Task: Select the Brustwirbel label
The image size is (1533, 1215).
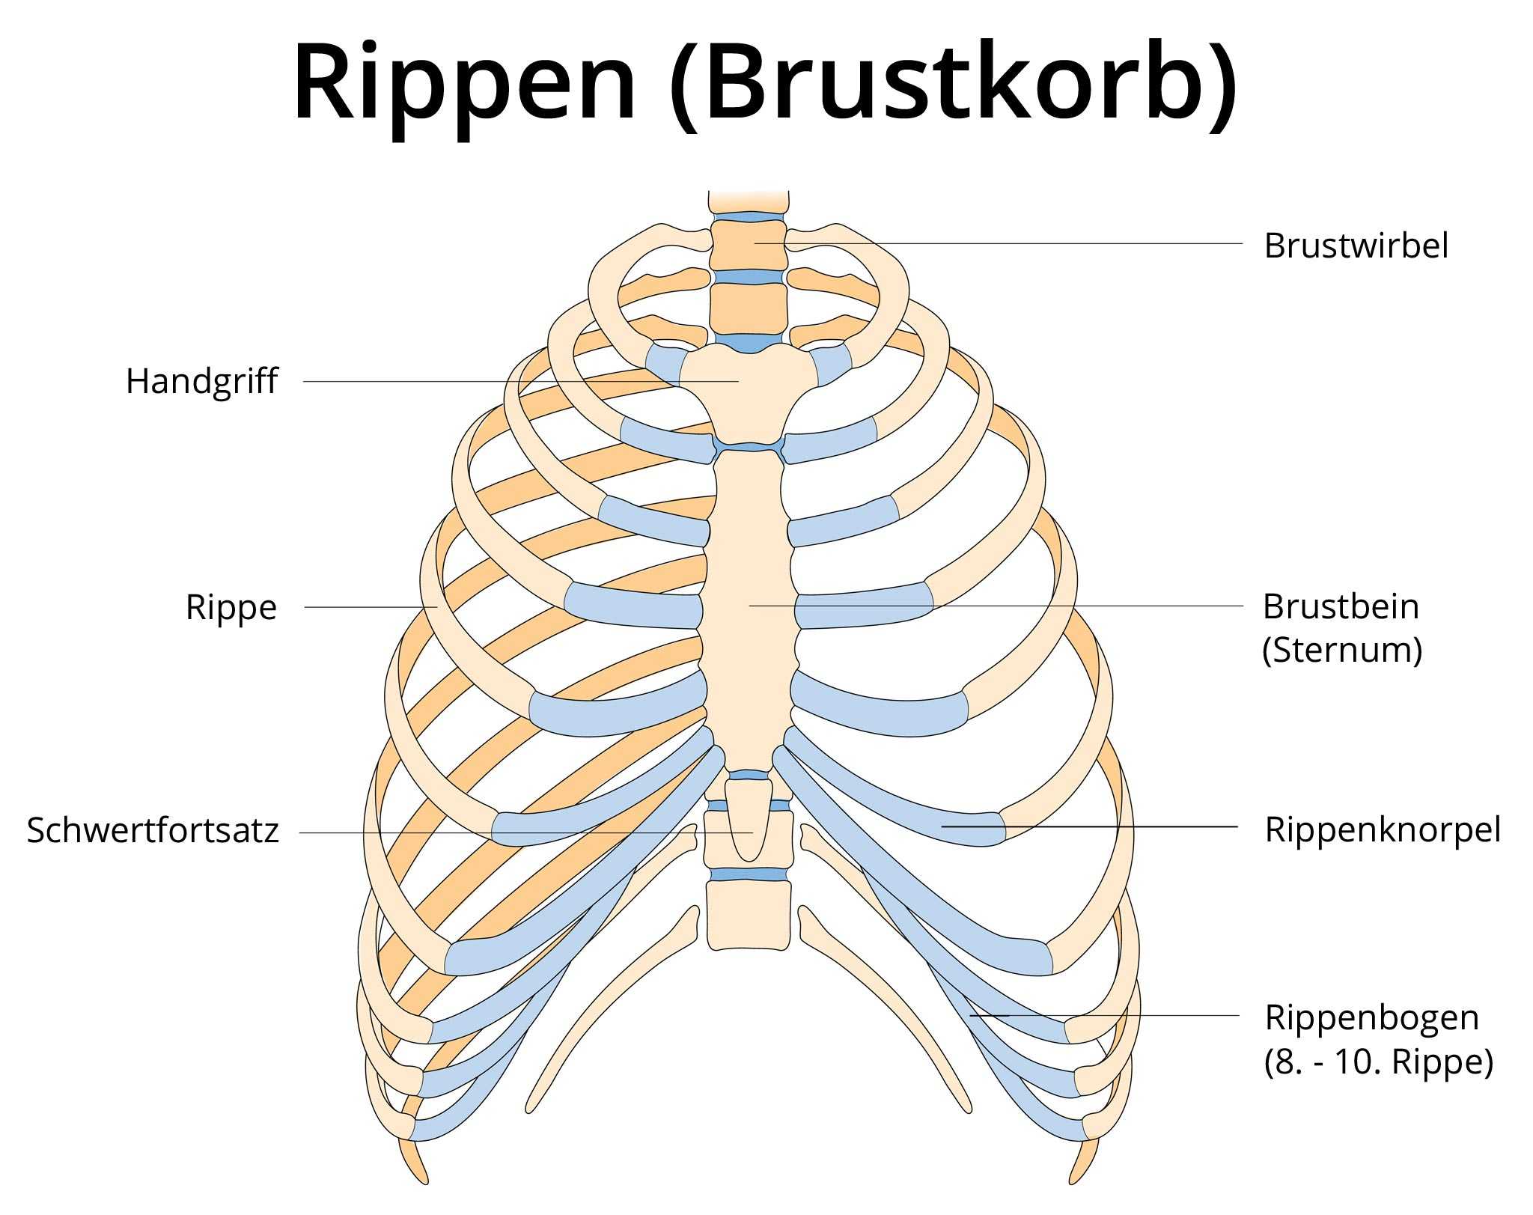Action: [x=1356, y=246]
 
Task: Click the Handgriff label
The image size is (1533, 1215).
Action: [x=201, y=381]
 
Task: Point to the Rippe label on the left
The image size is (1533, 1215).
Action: [x=231, y=607]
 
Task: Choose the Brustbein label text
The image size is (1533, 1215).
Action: [x=1341, y=606]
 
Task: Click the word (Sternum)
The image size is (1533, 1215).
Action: [x=1342, y=650]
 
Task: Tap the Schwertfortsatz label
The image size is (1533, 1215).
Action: [x=153, y=830]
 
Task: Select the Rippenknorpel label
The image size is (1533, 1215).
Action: [x=1383, y=829]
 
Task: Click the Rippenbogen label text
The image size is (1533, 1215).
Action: [x=1371, y=1017]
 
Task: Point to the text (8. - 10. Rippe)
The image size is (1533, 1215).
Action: [x=1378, y=1062]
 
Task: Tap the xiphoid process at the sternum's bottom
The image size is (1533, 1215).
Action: [x=749, y=820]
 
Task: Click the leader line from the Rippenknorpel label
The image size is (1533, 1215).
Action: [x=1123, y=826]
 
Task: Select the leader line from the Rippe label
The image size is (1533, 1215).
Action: [x=367, y=607]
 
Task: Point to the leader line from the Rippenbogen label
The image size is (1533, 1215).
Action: [x=1123, y=1015]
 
